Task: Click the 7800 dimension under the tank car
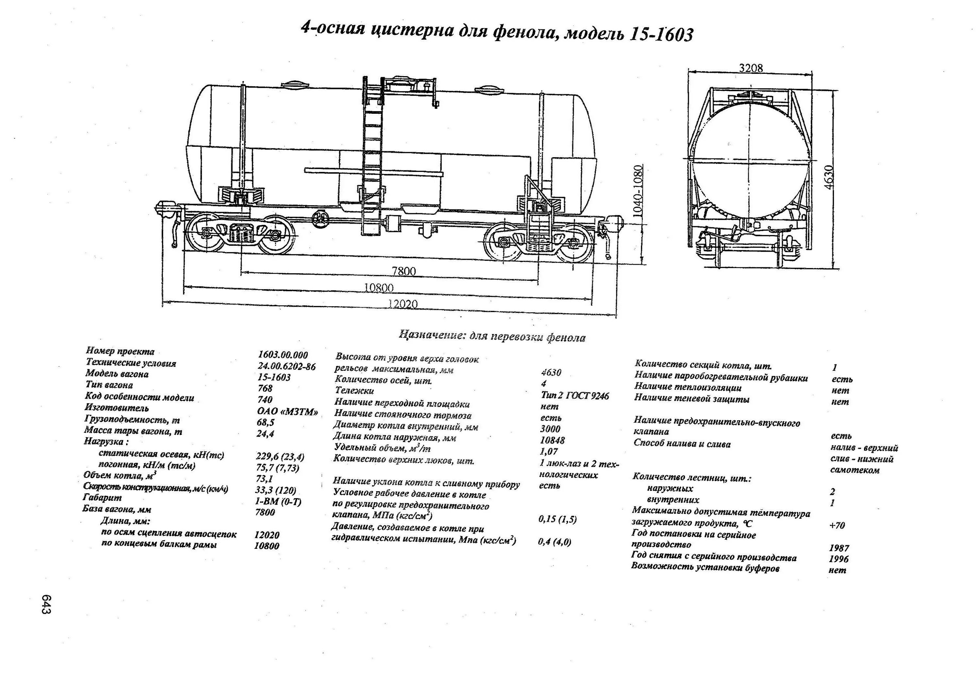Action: (x=403, y=271)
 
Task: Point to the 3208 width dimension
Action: (x=751, y=68)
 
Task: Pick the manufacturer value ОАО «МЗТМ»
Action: (x=287, y=412)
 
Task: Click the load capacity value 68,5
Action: (x=266, y=422)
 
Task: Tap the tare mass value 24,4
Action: (x=265, y=434)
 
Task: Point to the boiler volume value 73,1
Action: (x=264, y=479)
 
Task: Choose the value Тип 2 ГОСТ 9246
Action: (x=575, y=395)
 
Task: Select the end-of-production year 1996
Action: (x=838, y=559)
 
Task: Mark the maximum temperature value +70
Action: (x=837, y=525)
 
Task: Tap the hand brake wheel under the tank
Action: (x=321, y=220)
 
